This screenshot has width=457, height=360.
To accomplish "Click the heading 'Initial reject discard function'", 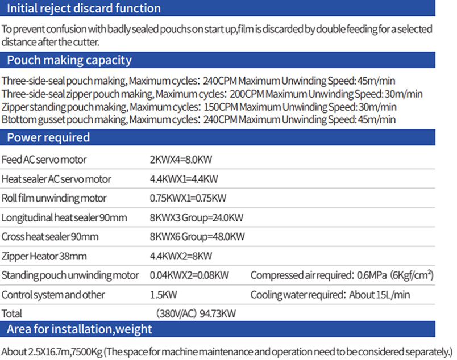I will point(84,9).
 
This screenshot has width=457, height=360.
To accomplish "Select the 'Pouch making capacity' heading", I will point(69,60).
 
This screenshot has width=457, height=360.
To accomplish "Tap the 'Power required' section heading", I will point(48,137).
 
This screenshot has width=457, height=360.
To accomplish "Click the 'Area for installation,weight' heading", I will point(79,329).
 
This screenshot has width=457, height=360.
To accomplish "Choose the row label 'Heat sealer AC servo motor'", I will point(56,179).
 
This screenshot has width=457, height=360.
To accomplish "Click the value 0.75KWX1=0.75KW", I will point(188,198).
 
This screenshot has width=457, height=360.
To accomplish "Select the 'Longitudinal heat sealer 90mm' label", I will point(64,217).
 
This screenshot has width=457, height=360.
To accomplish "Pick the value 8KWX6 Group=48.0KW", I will point(197,237).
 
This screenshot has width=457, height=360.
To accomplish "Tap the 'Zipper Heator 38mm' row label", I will point(44,256).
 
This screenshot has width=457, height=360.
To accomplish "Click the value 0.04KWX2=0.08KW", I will point(189,275).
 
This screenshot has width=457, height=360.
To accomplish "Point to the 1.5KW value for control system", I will point(161,295).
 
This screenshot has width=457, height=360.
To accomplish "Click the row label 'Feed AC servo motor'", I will point(44,160).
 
